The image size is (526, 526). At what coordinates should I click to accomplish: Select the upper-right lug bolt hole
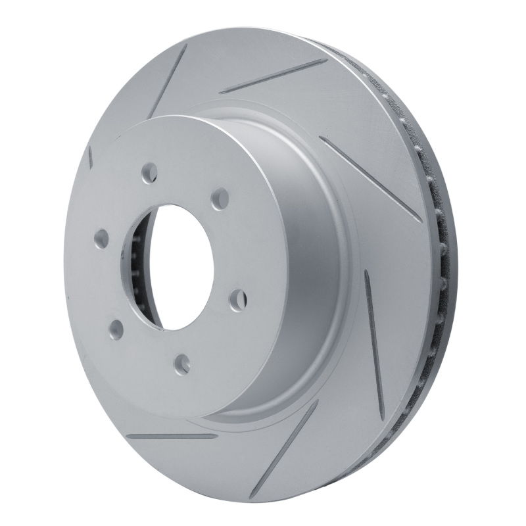220,199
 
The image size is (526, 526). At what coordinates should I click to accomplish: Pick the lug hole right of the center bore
238,299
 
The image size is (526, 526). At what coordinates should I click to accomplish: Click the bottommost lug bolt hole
182,364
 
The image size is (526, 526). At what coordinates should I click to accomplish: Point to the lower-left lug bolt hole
116,328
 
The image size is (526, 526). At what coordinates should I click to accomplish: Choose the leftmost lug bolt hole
101,240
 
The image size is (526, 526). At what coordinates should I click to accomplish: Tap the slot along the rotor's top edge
272,76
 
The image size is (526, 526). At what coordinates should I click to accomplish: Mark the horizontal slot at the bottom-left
171,436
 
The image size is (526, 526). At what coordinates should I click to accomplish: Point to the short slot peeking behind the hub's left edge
90,156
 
